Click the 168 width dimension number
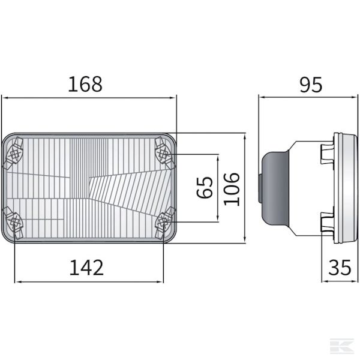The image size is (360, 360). pos(85,84)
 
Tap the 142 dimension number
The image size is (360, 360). pos(86,268)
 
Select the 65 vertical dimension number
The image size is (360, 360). pos(205,187)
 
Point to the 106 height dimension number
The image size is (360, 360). pos(232,189)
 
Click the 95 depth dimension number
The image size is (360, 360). pos(311,85)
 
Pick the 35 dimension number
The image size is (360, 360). pos(340,268)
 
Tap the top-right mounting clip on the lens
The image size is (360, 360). pos(164,152)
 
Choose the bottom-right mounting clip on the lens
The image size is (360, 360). pos(165,222)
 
